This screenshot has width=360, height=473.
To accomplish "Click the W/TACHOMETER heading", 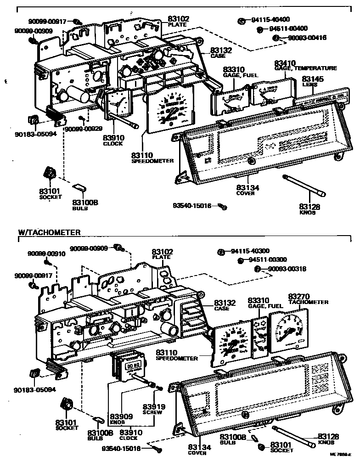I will [x=49, y=232].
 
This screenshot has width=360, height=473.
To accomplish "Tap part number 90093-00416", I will [x=307, y=38].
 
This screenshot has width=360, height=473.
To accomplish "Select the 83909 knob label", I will [x=121, y=418].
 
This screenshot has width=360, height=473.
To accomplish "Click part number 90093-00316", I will [x=287, y=269].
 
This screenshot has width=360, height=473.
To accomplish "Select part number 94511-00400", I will [x=288, y=28].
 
